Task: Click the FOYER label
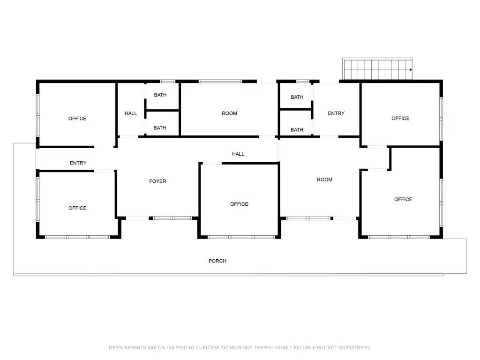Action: pos(157,181)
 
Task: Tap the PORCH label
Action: pos(217,261)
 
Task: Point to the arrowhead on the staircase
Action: pos(411,70)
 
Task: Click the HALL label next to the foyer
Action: pos(238,154)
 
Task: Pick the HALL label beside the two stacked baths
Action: pos(131,113)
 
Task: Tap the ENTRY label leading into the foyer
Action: pos(78,163)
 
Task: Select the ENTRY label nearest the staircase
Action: pos(336,113)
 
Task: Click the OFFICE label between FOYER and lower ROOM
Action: pos(239,204)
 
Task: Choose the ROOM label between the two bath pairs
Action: pos(229,113)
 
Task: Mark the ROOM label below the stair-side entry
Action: pos(324,180)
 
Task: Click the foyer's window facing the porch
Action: pos(172,218)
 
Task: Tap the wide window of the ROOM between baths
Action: pos(220,81)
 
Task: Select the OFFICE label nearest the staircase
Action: pos(400,119)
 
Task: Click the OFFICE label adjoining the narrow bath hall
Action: pos(77,119)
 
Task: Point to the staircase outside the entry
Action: pos(377,69)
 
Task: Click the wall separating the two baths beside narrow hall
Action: pos(162,110)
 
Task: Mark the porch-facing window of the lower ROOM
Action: pos(308,218)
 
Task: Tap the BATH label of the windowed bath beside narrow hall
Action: pos(160,95)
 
